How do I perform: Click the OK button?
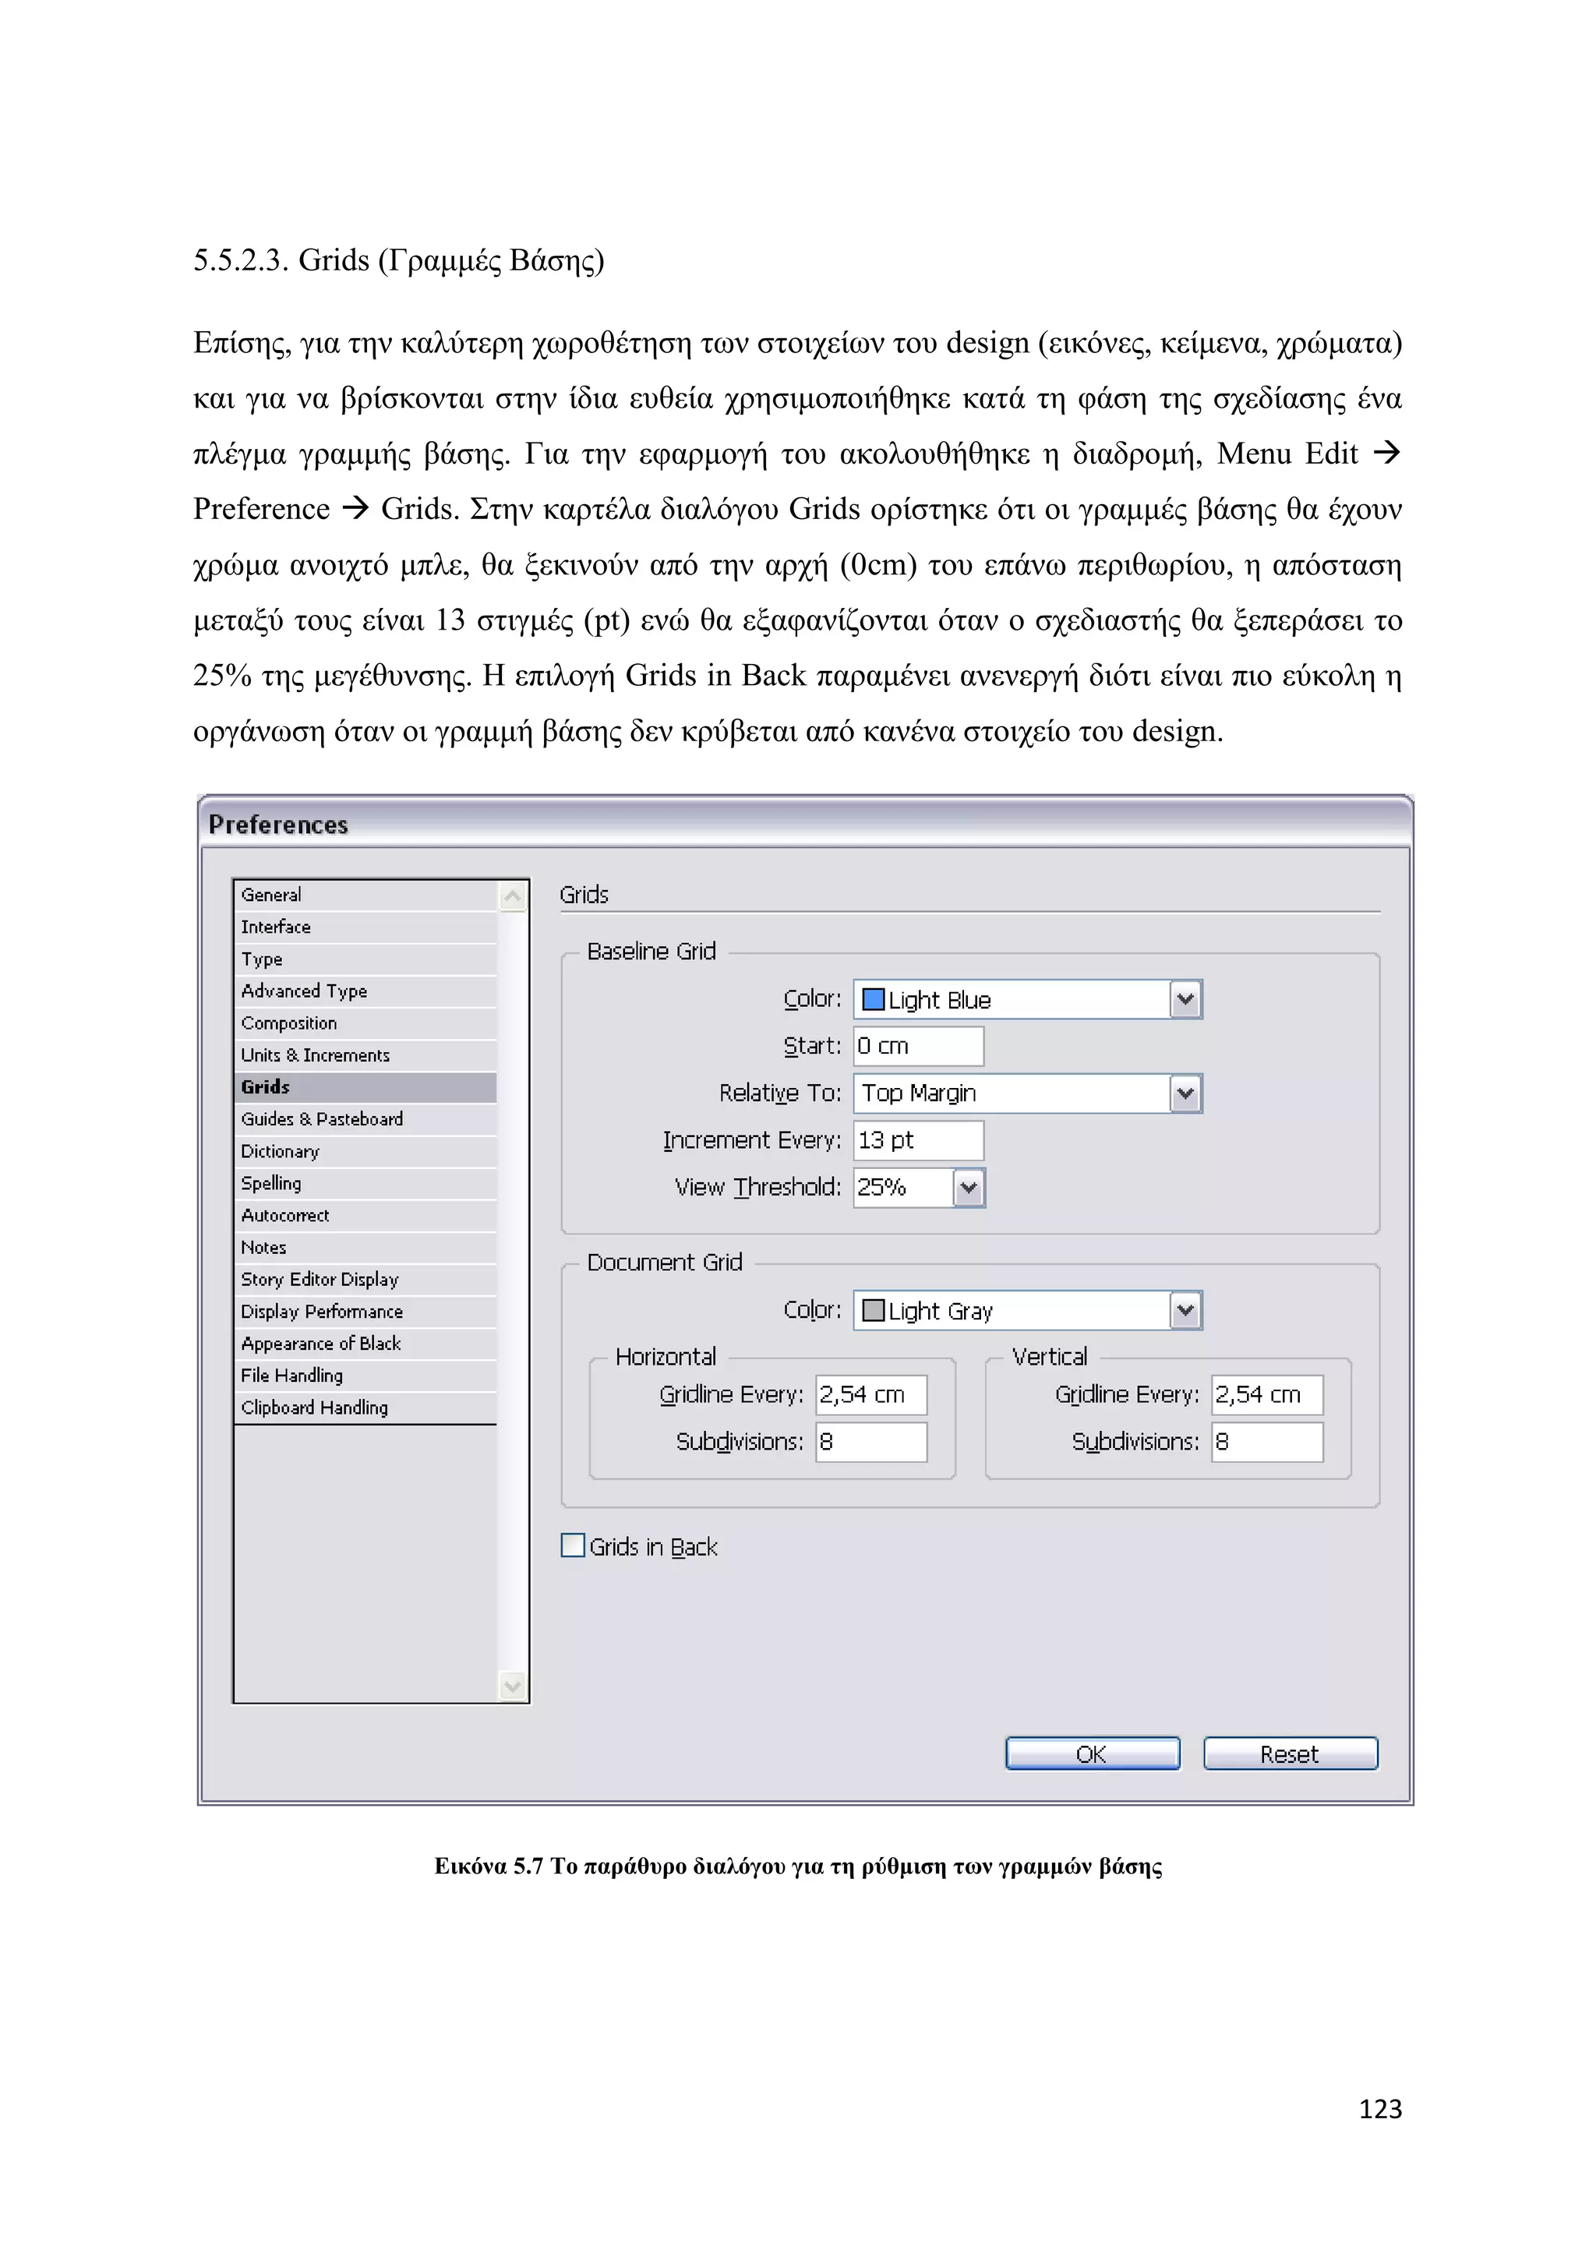(x=1092, y=1754)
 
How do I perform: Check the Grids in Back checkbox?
(x=573, y=1545)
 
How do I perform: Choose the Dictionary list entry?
(x=280, y=1151)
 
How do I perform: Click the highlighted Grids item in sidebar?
(x=265, y=1086)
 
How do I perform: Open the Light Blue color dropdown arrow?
(x=1185, y=1000)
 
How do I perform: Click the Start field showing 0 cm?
(x=917, y=1046)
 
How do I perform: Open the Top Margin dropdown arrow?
(x=1185, y=1093)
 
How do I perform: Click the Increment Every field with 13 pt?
(x=917, y=1140)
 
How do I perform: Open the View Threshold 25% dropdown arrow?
(x=968, y=1188)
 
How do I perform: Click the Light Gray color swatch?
(x=873, y=1310)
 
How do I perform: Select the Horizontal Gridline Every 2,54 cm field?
(x=870, y=1394)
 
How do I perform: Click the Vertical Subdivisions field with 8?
(x=1266, y=1441)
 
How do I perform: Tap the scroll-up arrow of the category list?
(x=512, y=895)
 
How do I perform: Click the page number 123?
(x=1380, y=2109)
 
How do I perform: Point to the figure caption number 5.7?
(x=528, y=1866)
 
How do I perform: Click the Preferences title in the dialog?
(x=278, y=824)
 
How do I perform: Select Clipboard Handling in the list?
(x=315, y=1408)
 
